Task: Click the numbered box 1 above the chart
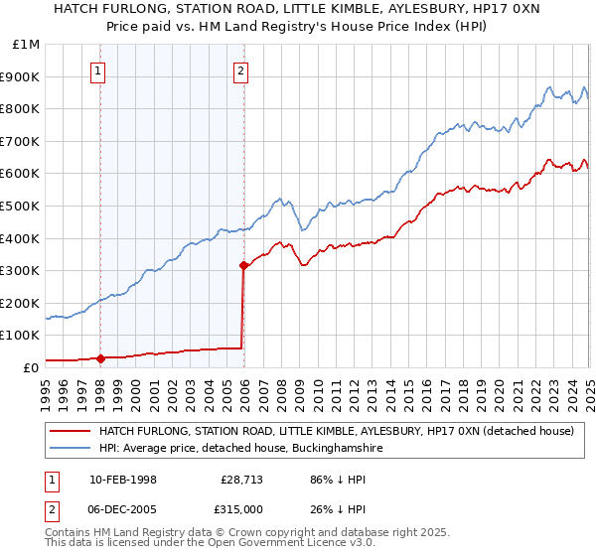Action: click(100, 70)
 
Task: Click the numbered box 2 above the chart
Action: click(241, 70)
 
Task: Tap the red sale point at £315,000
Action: click(243, 265)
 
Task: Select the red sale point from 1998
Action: click(100, 358)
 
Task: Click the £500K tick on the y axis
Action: click(21, 206)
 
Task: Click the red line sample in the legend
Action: click(70, 431)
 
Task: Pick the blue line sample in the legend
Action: click(70, 449)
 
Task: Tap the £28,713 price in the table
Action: click(241, 480)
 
